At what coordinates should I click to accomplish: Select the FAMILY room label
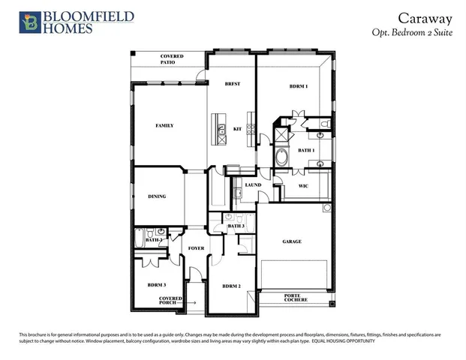click(164, 125)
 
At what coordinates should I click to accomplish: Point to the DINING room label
click(157, 196)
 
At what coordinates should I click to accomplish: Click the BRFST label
click(232, 84)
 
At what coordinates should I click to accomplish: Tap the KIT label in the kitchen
click(237, 128)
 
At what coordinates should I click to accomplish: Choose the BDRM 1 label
click(299, 88)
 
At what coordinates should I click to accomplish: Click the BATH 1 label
click(305, 150)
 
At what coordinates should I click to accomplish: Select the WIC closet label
click(303, 184)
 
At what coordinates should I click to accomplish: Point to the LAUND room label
click(252, 184)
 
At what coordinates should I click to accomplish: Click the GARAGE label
click(292, 241)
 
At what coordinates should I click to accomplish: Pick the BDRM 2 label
click(230, 286)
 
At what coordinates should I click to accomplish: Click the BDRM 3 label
click(157, 286)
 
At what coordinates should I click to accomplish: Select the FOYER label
click(196, 247)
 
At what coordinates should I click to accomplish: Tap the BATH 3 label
click(236, 226)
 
